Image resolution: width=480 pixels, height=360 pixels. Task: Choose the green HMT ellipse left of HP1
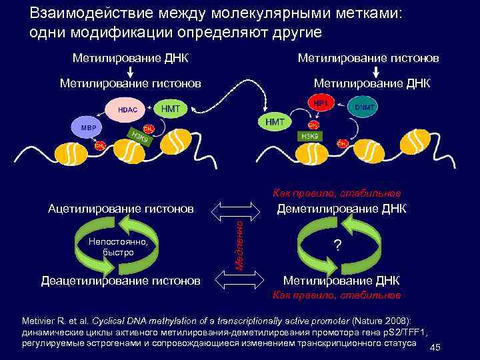(275, 122)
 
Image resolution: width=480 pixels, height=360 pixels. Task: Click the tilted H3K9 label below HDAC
(143, 137)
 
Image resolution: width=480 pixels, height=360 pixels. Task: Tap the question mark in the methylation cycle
(339, 246)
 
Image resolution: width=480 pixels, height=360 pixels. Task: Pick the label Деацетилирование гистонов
(121, 280)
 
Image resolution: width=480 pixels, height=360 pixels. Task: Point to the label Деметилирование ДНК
(341, 209)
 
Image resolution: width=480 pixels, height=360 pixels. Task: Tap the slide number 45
(435, 348)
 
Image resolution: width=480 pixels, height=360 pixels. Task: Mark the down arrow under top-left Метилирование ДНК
(131, 71)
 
